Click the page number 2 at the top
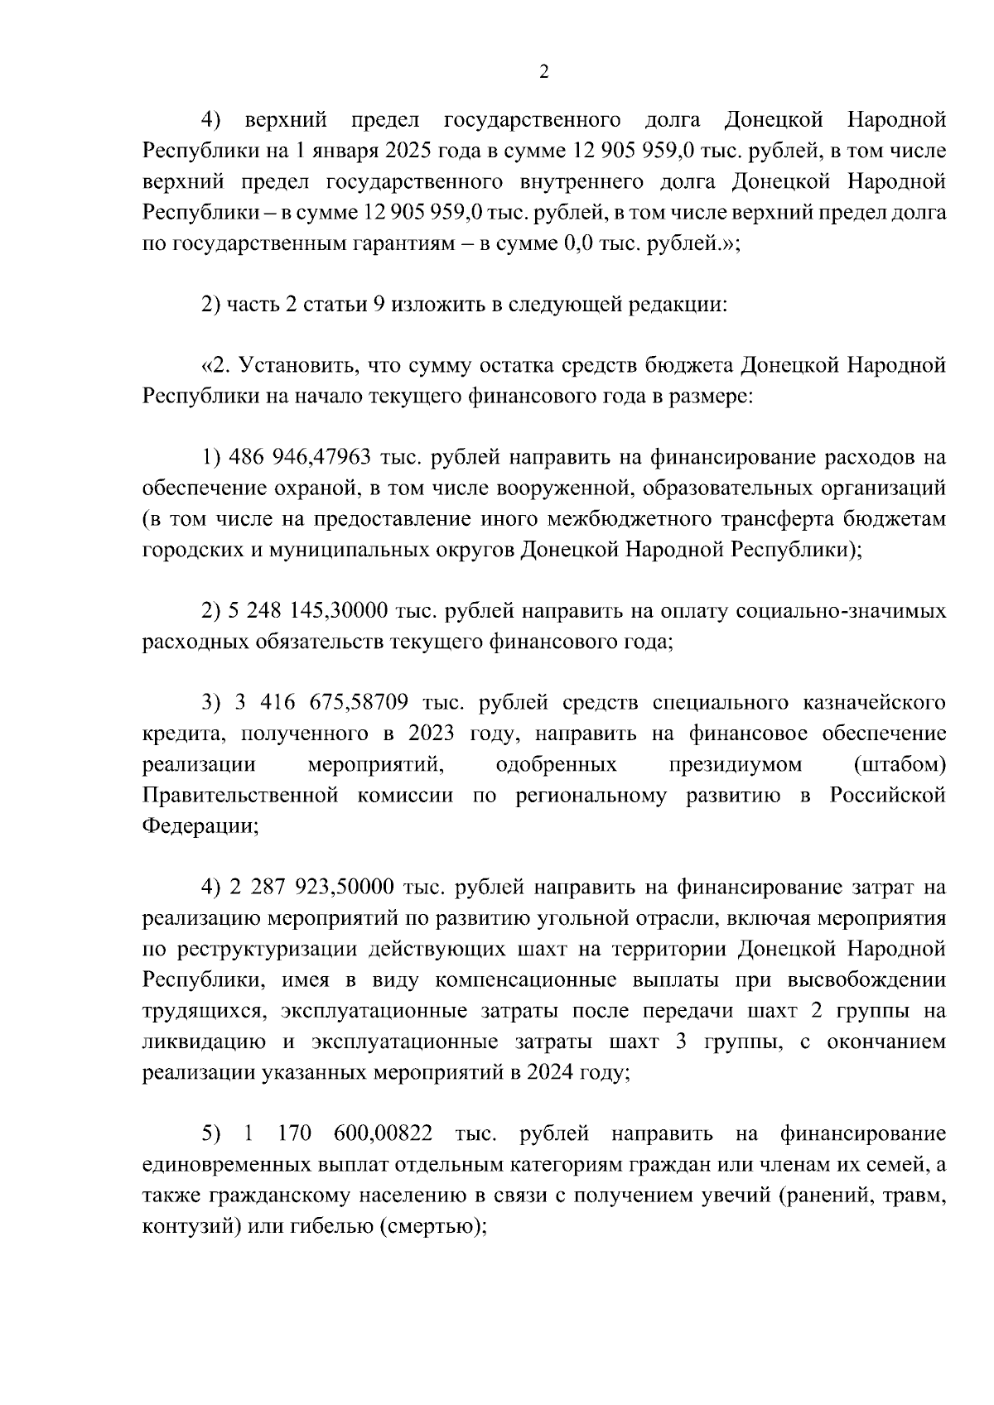click(543, 72)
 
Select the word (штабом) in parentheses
click(900, 764)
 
